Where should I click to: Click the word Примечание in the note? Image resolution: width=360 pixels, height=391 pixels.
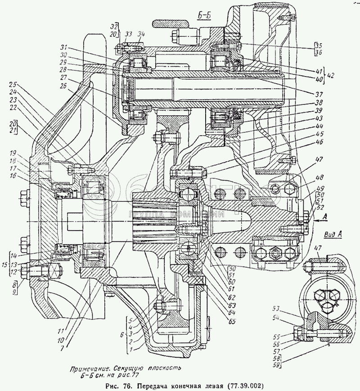[89, 368]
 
